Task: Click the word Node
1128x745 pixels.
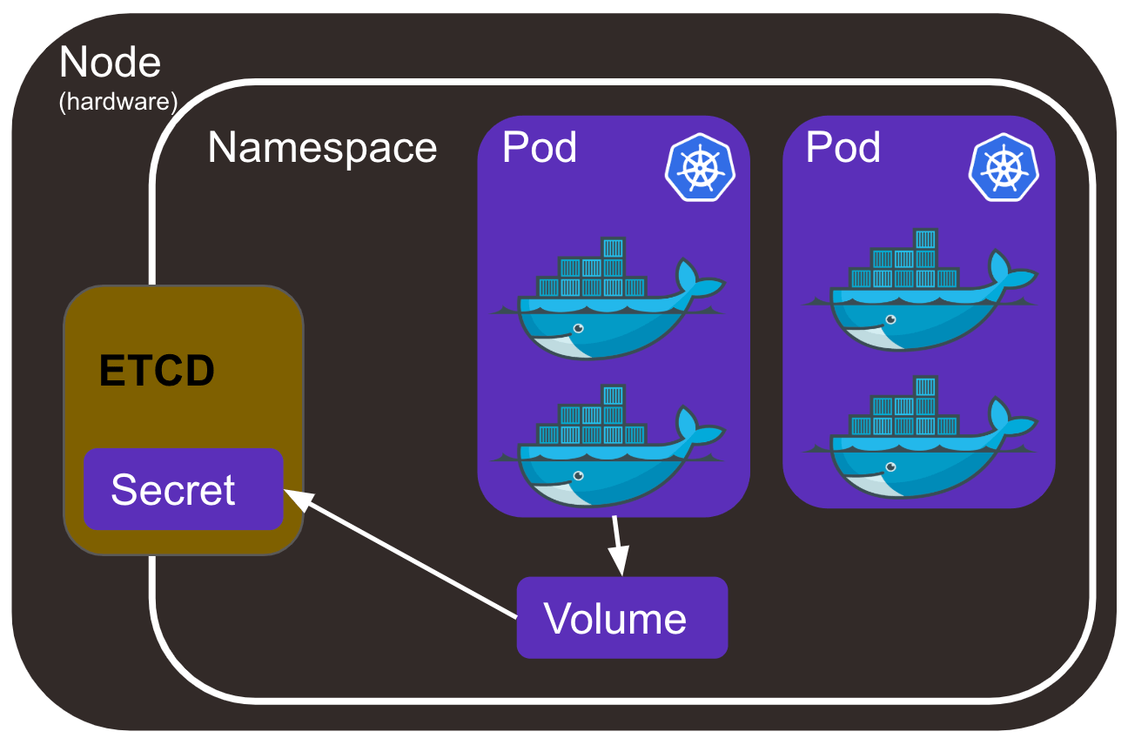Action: click(110, 63)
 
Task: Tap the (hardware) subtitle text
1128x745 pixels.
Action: click(117, 102)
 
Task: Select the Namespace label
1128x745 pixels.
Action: click(322, 148)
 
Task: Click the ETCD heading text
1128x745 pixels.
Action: click(157, 372)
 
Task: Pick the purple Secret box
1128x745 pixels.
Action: click(183, 489)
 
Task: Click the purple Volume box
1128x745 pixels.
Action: click(621, 618)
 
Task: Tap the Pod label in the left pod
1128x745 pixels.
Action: click(540, 148)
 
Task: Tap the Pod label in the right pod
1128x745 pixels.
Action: click(843, 148)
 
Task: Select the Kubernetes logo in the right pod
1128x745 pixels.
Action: click(1002, 167)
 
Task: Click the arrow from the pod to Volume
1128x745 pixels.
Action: click(618, 544)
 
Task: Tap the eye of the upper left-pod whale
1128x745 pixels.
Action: click(577, 328)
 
